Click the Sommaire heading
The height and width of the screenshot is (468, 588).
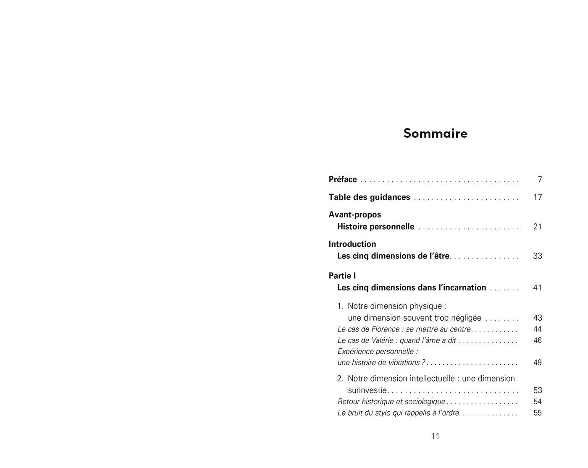pyautogui.click(x=435, y=133)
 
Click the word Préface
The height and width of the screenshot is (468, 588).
pyautogui.click(x=343, y=180)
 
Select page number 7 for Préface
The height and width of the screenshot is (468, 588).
pyautogui.click(x=540, y=180)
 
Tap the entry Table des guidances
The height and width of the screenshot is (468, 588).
pyautogui.click(x=369, y=197)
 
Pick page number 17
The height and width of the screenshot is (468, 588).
pyautogui.click(x=538, y=197)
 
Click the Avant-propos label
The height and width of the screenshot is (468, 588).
pyautogui.click(x=354, y=215)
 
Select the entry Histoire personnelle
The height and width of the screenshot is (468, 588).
pyautogui.click(x=375, y=227)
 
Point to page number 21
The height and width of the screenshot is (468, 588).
pyautogui.click(x=538, y=227)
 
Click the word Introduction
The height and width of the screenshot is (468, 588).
pyautogui.click(x=352, y=244)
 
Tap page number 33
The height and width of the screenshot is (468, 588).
pyautogui.click(x=538, y=256)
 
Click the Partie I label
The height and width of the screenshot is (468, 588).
pyautogui.click(x=342, y=276)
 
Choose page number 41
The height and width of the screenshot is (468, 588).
pyautogui.click(x=538, y=288)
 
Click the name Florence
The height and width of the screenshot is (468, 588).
pyautogui.click(x=385, y=329)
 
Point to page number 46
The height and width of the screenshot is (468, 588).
pyautogui.click(x=538, y=340)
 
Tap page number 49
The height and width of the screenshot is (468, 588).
pyautogui.click(x=538, y=363)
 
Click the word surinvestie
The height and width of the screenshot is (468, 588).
pyautogui.click(x=367, y=391)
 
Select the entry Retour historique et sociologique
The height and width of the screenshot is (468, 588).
pyautogui.click(x=391, y=402)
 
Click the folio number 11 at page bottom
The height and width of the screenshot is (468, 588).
pyautogui.click(x=435, y=436)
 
